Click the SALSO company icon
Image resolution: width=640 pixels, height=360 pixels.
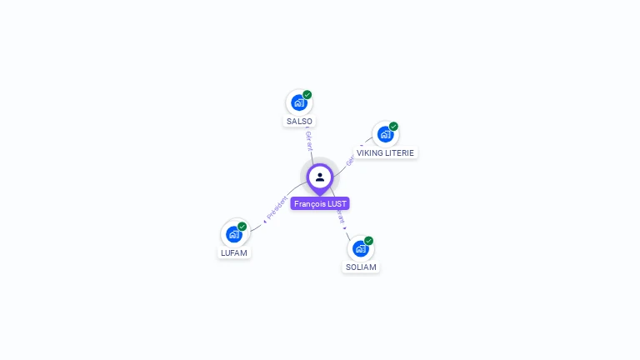(298, 102)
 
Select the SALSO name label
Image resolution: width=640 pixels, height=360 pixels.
(299, 122)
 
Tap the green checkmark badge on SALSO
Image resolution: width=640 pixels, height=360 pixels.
(307, 95)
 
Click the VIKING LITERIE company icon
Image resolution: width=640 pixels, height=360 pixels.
(384, 134)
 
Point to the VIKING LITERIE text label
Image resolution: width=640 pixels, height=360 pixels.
(385, 153)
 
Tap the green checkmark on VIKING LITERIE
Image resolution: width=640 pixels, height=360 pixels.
(393, 127)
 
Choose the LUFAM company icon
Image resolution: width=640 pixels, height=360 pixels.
(233, 234)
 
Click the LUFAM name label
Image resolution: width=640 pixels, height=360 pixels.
(234, 252)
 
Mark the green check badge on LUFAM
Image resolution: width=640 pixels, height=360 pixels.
(242, 227)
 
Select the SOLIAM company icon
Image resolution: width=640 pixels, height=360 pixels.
(360, 248)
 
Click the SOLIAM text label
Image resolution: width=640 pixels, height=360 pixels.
(361, 267)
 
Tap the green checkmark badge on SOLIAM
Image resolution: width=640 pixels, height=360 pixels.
(368, 241)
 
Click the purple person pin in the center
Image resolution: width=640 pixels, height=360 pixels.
(320, 177)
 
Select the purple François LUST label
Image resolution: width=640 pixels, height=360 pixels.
(320, 203)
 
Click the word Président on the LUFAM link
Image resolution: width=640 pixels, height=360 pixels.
(277, 208)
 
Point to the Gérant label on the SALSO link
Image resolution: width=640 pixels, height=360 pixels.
(309, 141)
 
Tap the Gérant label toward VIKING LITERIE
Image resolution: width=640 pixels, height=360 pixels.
(350, 158)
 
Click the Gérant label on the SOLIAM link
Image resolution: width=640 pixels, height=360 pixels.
(341, 218)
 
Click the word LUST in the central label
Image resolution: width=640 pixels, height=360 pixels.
(337, 203)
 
